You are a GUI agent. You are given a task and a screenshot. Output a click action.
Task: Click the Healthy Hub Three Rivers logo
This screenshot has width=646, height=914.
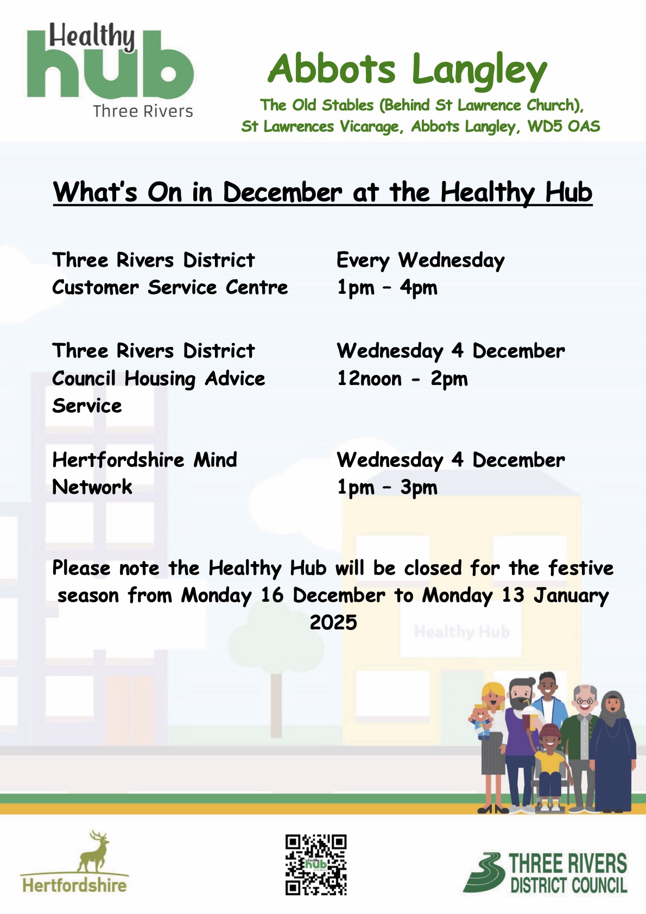110,70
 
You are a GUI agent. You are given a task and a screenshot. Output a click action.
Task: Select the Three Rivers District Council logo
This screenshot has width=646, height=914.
545,872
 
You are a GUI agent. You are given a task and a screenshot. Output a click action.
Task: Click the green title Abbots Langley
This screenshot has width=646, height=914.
407,70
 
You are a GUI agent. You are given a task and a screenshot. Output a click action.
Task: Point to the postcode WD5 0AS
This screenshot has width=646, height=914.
563,127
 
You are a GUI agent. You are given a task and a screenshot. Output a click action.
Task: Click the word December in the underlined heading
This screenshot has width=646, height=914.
282,192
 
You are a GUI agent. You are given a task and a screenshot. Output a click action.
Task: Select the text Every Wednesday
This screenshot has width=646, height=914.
421,261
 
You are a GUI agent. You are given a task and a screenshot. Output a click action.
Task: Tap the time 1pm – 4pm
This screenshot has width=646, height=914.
387,288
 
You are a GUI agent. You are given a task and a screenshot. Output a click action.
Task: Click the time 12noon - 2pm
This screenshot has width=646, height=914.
402,379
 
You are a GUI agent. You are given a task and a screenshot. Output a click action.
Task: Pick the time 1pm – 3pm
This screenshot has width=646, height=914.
387,487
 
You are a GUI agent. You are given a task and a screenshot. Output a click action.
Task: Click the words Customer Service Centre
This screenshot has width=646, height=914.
170,287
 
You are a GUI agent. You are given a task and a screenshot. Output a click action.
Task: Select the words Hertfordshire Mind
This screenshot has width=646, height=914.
145,460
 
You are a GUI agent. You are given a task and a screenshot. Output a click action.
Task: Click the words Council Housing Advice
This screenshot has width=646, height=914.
159,379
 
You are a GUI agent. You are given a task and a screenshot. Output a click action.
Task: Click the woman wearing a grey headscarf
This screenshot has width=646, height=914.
612,751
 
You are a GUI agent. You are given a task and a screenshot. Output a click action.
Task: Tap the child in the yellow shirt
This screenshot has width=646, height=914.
550,767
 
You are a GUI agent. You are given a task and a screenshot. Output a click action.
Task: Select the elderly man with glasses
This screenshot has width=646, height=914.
581,747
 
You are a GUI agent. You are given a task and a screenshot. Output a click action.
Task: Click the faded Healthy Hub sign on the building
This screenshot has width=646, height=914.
461,632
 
